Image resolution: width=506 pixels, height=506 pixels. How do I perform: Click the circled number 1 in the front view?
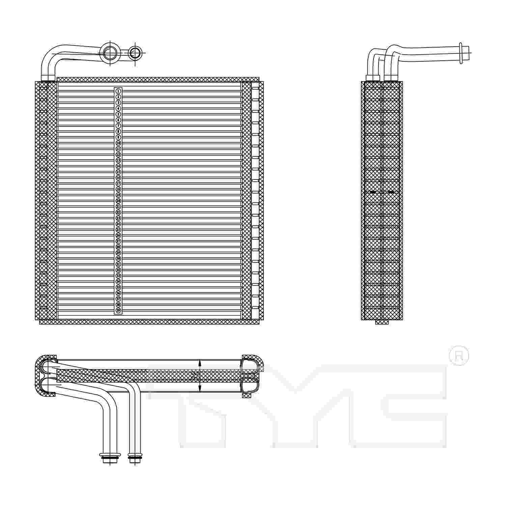click(x=118, y=91)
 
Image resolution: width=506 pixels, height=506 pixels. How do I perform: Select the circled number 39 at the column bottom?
click(x=118, y=310)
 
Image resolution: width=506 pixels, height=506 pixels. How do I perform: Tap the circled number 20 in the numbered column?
click(x=118, y=201)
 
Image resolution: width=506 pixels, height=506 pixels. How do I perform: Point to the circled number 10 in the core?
click(x=118, y=143)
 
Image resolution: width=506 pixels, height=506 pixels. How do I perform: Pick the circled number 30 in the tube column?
click(x=118, y=258)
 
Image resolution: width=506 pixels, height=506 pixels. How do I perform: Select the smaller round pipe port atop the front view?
click(x=135, y=53)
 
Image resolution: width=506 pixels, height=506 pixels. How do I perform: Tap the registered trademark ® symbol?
click(x=459, y=356)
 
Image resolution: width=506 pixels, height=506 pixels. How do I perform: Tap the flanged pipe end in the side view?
click(x=461, y=53)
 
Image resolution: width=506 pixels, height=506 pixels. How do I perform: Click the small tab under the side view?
click(x=382, y=322)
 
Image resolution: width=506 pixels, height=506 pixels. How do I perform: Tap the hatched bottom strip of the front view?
click(x=148, y=322)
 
